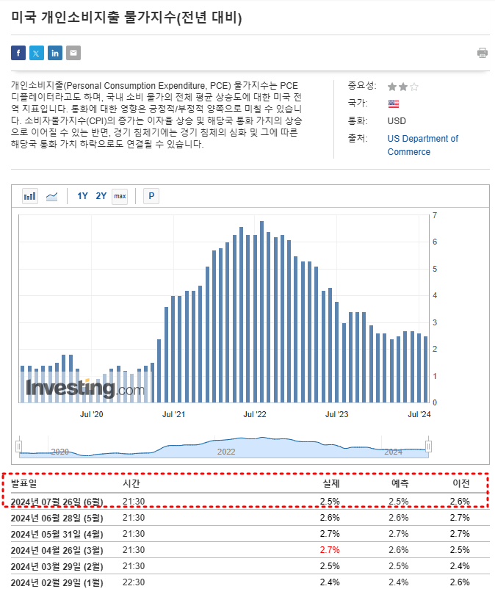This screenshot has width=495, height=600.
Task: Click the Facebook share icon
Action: [x=18, y=53]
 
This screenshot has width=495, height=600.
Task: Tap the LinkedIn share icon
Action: [x=55, y=53]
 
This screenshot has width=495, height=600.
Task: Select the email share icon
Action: [x=73, y=53]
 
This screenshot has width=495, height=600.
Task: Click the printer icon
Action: [x=483, y=53]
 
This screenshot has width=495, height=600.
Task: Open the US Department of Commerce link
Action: [x=422, y=145]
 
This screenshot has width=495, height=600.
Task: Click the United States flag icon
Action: [x=394, y=104]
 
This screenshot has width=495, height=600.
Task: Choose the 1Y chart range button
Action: [x=82, y=196]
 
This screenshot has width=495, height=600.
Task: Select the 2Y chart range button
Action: [x=101, y=196]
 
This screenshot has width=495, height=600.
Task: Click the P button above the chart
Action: [x=151, y=196]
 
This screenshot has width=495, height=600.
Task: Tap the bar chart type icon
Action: [x=30, y=196]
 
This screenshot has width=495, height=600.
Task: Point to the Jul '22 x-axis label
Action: [x=255, y=414]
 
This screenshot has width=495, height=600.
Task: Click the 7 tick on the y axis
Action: [x=436, y=215]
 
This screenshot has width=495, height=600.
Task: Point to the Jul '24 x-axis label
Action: [x=419, y=414]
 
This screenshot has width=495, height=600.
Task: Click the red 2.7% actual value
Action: [x=330, y=550]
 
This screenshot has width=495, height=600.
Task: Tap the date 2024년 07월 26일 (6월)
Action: [x=57, y=502]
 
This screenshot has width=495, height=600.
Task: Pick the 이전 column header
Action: [x=460, y=484]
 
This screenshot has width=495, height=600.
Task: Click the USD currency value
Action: [x=397, y=121]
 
